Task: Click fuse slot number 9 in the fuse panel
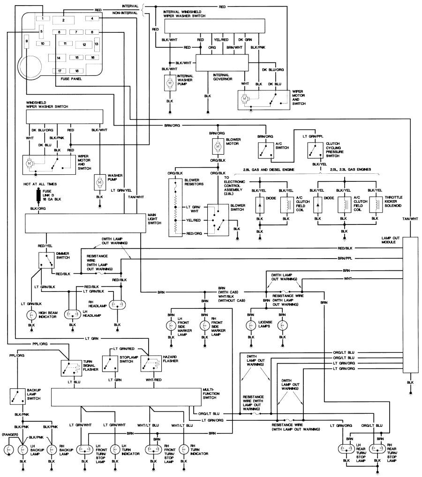tap(27, 42)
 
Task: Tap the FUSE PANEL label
tap(71, 79)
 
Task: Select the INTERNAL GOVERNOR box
tap(220, 62)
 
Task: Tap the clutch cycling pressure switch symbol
tap(315, 150)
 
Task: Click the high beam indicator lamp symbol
tap(31, 314)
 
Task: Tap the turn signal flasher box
tap(69, 367)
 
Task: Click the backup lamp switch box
tap(18, 396)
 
